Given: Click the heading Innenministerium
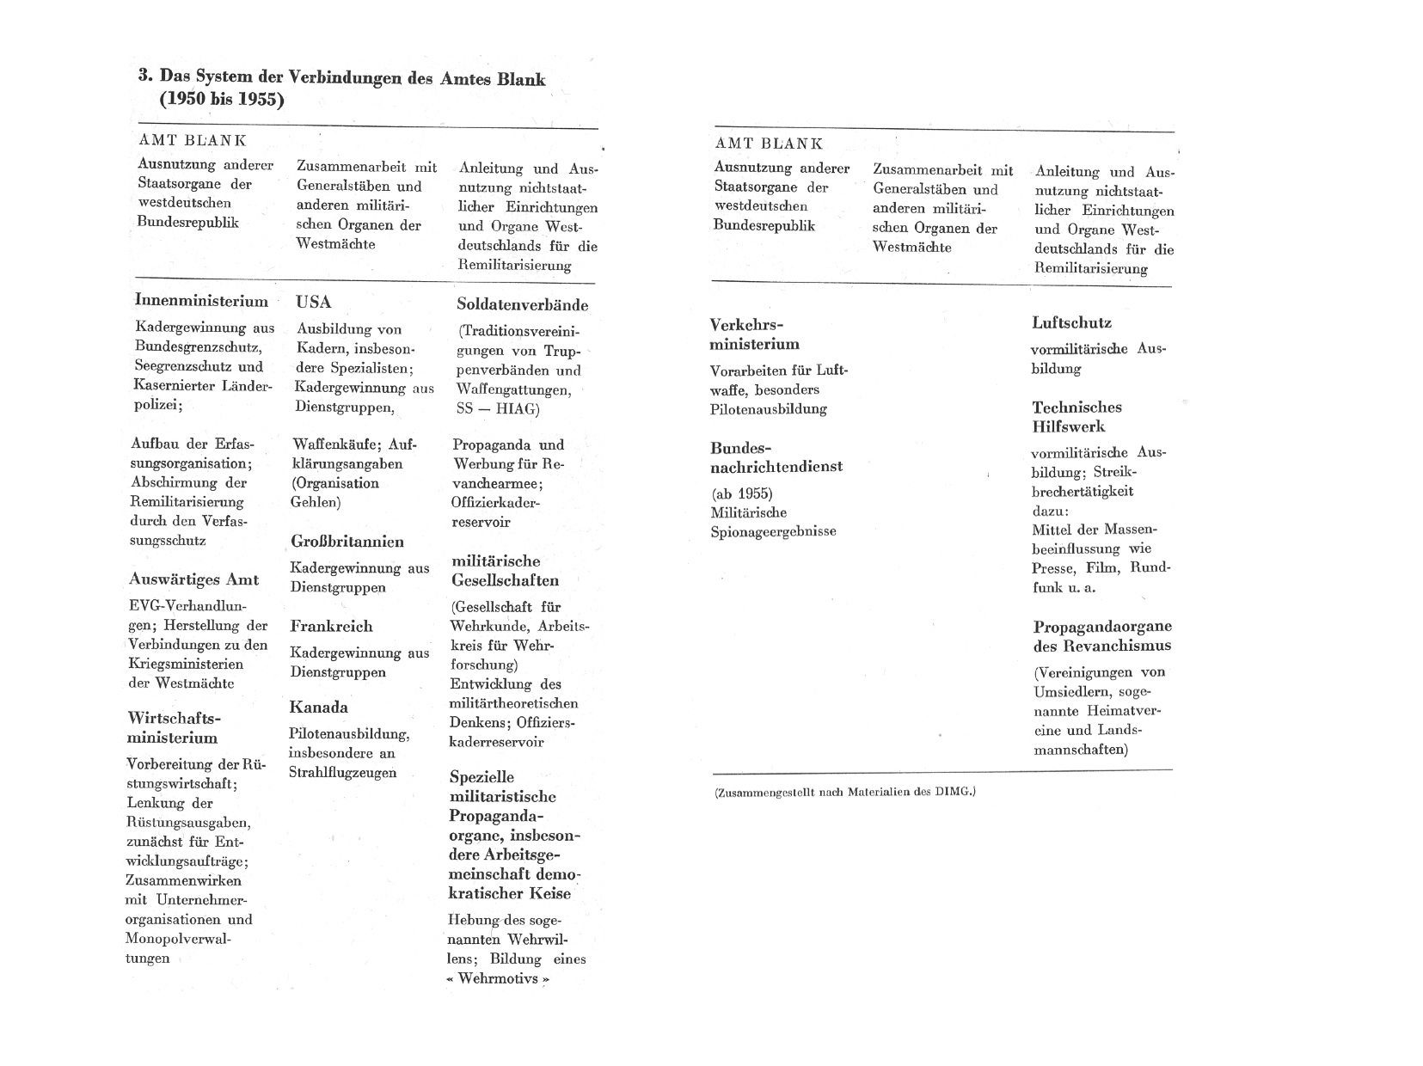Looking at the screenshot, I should tap(201, 301).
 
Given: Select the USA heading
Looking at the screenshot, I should tap(313, 302).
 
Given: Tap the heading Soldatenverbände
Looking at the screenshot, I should tap(522, 304).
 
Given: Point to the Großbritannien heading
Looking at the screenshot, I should tap(347, 542).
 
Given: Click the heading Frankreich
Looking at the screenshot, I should tap(331, 626).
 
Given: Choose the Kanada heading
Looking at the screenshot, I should tap(318, 708).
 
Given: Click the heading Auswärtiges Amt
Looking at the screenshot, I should tap(193, 579).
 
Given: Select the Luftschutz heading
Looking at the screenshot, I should tap(1071, 323).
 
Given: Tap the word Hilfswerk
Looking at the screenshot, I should tap(1068, 426).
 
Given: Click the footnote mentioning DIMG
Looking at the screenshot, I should tap(844, 792).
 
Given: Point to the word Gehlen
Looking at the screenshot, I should tap(315, 502).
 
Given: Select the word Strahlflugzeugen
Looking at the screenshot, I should tap(342, 772).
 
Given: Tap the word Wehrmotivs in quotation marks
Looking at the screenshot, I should tap(497, 978).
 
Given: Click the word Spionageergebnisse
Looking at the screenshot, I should tap(773, 531).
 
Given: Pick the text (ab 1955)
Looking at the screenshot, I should tap(741, 493).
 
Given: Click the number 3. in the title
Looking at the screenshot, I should tap(145, 76).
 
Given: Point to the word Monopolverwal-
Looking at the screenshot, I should tap(178, 939).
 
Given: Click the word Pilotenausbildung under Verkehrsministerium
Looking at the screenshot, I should tap(768, 409).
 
